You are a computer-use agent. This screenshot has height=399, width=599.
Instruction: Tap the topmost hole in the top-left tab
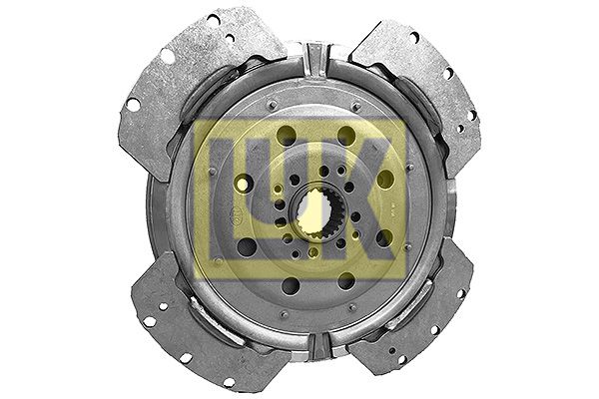[x=213, y=19]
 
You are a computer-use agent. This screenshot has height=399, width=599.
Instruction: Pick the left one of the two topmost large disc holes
[x=285, y=136]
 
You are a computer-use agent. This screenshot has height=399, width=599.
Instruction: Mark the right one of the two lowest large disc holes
[x=344, y=282]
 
